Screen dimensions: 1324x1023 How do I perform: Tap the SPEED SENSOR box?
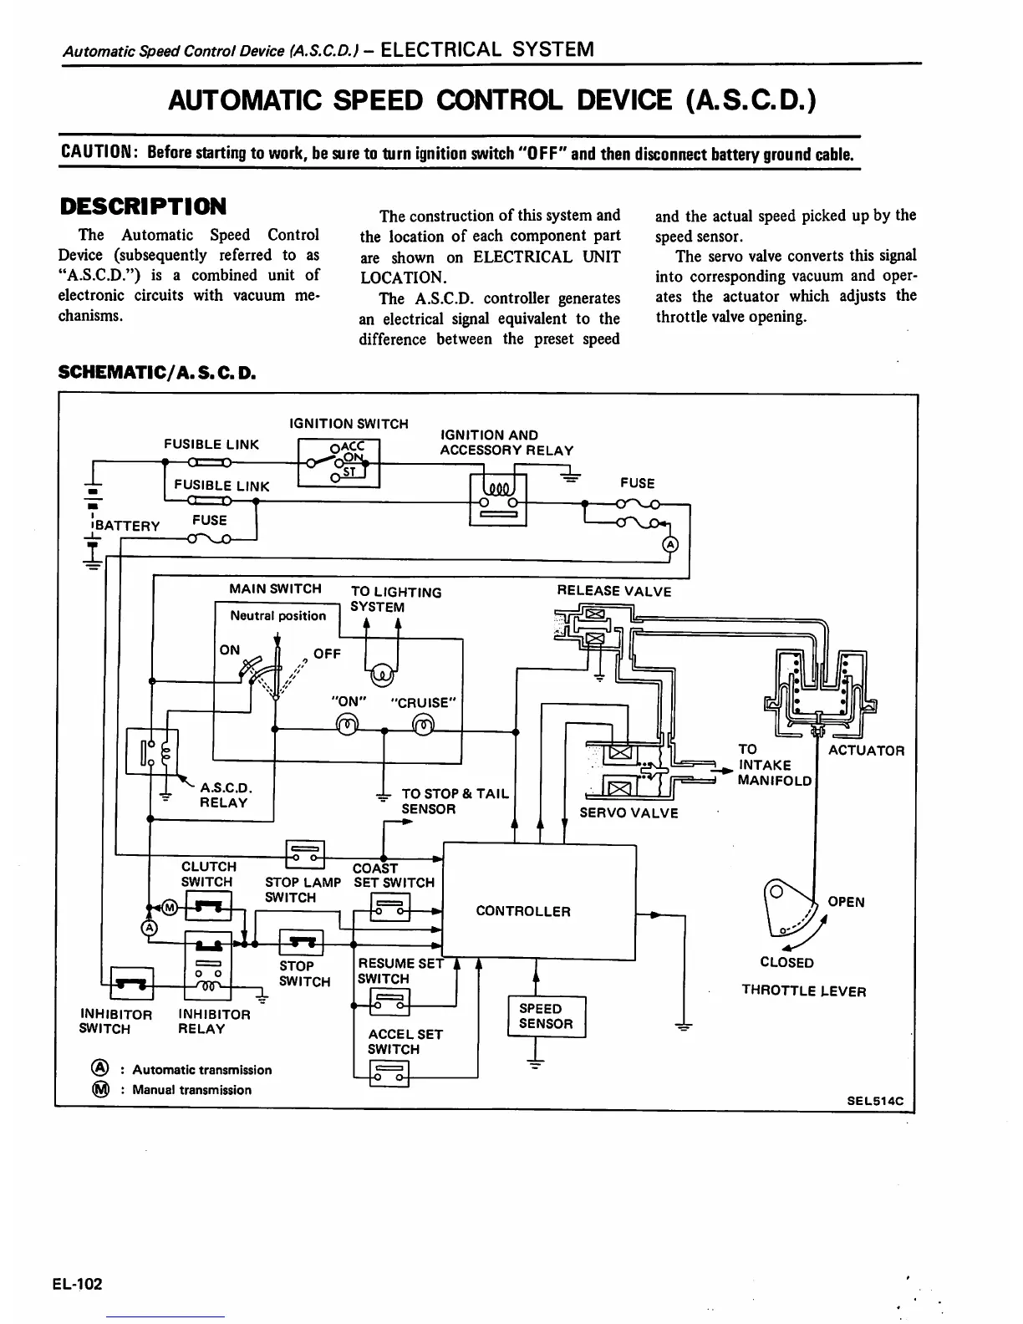[547, 1016]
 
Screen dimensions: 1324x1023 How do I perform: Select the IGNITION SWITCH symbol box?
[339, 463]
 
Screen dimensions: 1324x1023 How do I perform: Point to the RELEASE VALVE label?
[613, 592]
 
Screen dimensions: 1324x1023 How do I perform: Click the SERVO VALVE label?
[629, 813]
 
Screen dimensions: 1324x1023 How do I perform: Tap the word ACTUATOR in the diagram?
[866, 751]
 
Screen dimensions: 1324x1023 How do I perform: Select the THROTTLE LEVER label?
[803, 992]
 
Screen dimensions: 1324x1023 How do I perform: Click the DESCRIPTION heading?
[142, 206]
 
